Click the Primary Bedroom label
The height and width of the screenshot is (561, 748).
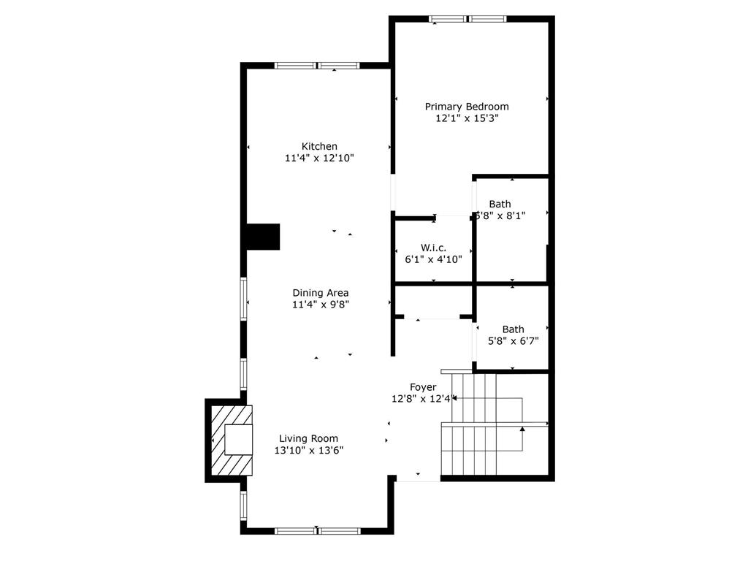(x=467, y=107)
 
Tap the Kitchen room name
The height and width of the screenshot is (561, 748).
(x=319, y=146)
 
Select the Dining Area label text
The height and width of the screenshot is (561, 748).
(x=320, y=293)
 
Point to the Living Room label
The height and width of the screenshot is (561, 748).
(x=308, y=438)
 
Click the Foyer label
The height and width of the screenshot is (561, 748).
(x=423, y=387)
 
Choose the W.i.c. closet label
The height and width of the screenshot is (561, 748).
(x=433, y=248)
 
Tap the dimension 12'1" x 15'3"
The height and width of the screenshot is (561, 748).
(x=467, y=118)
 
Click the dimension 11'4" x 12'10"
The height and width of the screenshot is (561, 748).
(x=319, y=158)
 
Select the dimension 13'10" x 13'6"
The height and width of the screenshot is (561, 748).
(x=308, y=451)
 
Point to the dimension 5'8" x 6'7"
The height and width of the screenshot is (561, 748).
(x=513, y=340)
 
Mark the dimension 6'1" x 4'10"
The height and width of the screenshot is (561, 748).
(x=433, y=259)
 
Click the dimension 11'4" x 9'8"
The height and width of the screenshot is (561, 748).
(x=320, y=305)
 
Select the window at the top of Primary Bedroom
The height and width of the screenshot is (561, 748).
(x=467, y=19)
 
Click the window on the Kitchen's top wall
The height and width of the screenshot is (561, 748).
(x=317, y=66)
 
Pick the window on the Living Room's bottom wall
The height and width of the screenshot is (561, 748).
(x=317, y=530)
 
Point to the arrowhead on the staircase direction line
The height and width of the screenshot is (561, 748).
(x=522, y=429)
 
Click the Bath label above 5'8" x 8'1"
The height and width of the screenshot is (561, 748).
(x=500, y=204)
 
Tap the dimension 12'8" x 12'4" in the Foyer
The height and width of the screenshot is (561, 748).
(x=424, y=399)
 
